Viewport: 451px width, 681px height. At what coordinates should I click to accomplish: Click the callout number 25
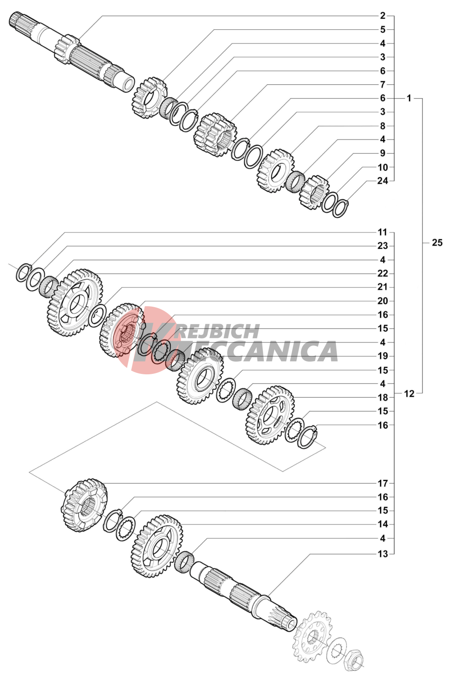(x=437, y=242)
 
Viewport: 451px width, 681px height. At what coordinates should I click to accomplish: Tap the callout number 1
(x=409, y=98)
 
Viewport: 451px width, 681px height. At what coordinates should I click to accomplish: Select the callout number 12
(x=409, y=394)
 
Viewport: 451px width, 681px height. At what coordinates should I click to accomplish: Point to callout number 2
(x=383, y=15)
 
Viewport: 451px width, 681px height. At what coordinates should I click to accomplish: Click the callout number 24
(x=382, y=181)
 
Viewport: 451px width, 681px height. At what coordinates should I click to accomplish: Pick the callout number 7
(x=383, y=84)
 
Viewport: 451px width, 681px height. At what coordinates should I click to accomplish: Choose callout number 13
(x=383, y=554)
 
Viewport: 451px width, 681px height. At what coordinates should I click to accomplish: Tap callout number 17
(x=383, y=483)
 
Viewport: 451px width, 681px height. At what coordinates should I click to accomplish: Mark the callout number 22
(x=383, y=274)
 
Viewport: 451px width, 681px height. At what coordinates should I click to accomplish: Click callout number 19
(x=383, y=356)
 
